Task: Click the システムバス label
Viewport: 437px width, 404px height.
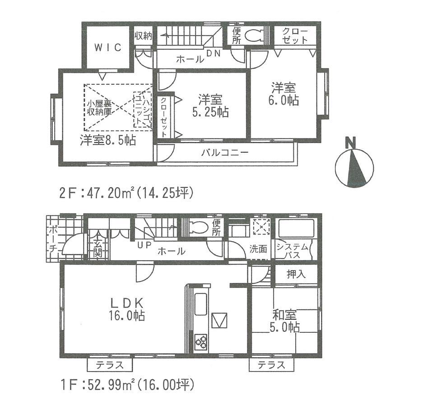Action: click(x=292, y=251)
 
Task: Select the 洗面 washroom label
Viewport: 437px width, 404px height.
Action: click(x=258, y=249)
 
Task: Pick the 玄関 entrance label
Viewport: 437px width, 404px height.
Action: click(x=97, y=248)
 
